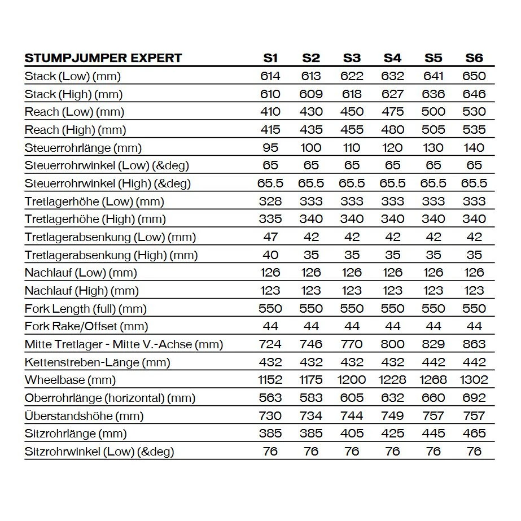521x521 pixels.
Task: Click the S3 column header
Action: [x=352, y=58]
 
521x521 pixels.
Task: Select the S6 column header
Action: [x=474, y=58]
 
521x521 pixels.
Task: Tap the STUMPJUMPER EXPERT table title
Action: [x=103, y=58]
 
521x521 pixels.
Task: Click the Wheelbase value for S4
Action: [x=392, y=380]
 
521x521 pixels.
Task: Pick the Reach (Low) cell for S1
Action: [x=270, y=112]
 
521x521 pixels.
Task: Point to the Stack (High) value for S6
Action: [x=474, y=94]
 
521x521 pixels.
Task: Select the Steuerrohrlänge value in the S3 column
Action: [x=352, y=148]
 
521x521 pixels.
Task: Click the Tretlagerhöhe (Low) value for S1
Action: [x=270, y=202]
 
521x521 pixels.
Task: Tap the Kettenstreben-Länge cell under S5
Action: [x=434, y=362]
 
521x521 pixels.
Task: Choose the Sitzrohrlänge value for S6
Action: [x=474, y=434]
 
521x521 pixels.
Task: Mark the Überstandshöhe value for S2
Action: [x=311, y=416]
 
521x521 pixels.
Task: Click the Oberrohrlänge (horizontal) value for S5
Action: [x=434, y=398]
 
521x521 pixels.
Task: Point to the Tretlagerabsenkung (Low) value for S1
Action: [x=270, y=237]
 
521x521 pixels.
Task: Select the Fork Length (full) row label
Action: [x=86, y=309]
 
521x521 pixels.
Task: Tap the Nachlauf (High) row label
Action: [x=82, y=291]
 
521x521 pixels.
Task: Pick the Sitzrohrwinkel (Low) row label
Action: [x=99, y=452]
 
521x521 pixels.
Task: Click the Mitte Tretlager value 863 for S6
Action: [x=474, y=344]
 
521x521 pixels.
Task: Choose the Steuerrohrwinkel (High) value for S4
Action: [x=392, y=183]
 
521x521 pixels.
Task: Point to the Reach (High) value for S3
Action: [x=352, y=130]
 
